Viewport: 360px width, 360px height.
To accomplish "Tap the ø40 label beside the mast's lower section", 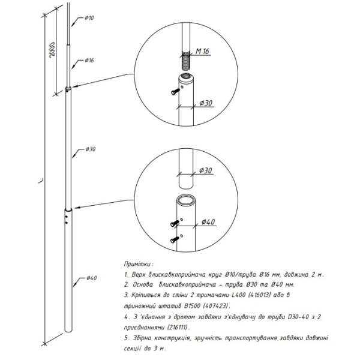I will coord(91,278).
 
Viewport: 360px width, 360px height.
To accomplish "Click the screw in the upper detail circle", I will coord(174,91).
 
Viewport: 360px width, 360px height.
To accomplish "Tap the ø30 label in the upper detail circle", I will coord(206,103).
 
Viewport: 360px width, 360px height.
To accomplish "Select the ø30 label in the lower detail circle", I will coord(206,170).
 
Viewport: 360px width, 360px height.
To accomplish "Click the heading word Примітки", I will coord(138,263).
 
